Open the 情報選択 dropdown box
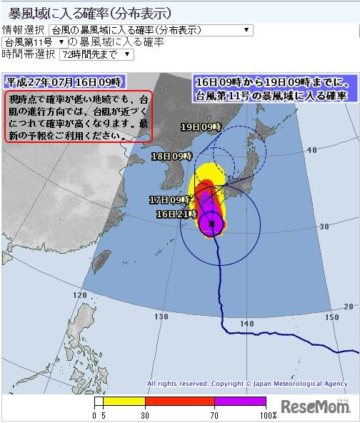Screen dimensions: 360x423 click(151, 30)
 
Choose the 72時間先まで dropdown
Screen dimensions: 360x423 click(106, 54)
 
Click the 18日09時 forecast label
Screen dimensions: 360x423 click(172, 155)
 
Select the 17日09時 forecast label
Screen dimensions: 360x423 click(169, 199)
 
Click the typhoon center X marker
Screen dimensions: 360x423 click(211, 224)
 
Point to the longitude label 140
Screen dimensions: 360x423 click(247, 324)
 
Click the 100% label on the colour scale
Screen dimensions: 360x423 click(268, 414)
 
